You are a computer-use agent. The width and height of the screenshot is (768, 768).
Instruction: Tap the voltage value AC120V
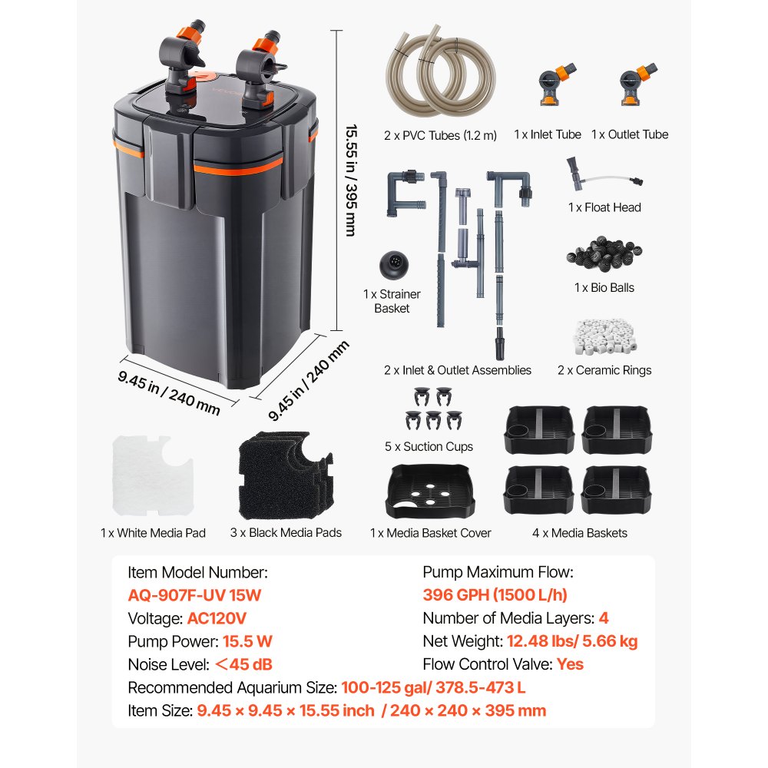217,618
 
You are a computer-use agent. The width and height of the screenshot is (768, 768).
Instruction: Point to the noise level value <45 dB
243,664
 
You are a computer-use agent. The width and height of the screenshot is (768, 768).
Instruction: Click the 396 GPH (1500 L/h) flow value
495,595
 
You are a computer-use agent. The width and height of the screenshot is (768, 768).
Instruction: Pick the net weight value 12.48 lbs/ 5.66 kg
571,641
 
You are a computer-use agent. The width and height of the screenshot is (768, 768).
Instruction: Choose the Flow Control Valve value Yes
570,664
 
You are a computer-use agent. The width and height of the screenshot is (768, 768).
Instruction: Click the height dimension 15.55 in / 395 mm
351,180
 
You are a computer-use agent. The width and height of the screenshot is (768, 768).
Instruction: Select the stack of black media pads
286,475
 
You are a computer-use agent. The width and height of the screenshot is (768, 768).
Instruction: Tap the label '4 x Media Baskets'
580,533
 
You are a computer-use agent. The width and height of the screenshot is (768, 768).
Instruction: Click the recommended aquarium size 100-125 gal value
433,687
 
